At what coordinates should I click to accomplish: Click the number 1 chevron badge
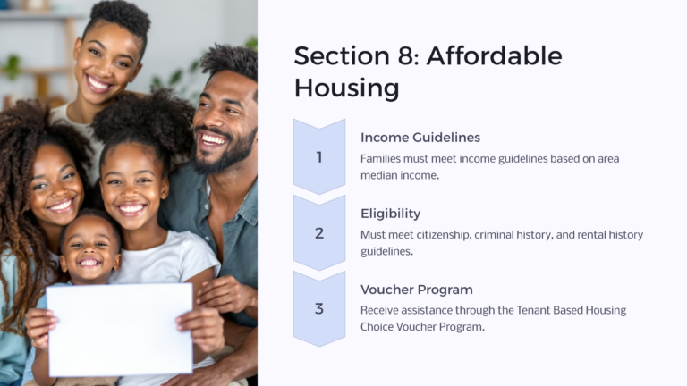[x=319, y=157]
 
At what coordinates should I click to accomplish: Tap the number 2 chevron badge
[x=319, y=233]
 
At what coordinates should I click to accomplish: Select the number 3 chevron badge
[x=319, y=309]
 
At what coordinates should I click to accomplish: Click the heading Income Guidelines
[x=420, y=138]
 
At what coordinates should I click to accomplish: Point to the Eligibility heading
[x=390, y=214]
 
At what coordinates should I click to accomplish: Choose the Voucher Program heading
[x=417, y=289]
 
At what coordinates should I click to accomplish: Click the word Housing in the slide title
[x=347, y=88]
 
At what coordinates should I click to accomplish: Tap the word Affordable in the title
[x=494, y=55]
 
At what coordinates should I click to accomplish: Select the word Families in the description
[x=382, y=158]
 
